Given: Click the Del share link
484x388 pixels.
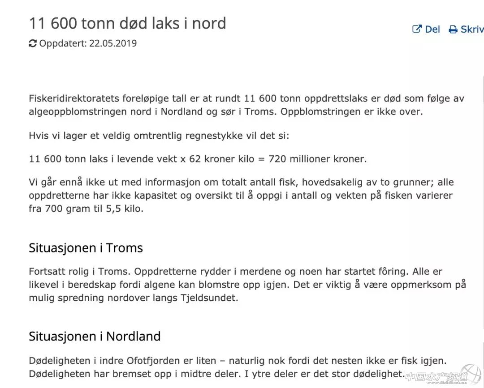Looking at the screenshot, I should click(x=426, y=30).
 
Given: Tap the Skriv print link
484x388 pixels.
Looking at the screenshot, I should click(x=467, y=30).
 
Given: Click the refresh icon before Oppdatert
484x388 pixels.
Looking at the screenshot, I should click(x=33, y=43).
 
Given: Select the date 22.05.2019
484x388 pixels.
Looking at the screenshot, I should click(x=113, y=43).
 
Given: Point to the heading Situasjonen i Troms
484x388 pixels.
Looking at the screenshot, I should click(x=86, y=248).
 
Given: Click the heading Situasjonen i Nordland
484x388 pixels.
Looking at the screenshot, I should click(x=95, y=336).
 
